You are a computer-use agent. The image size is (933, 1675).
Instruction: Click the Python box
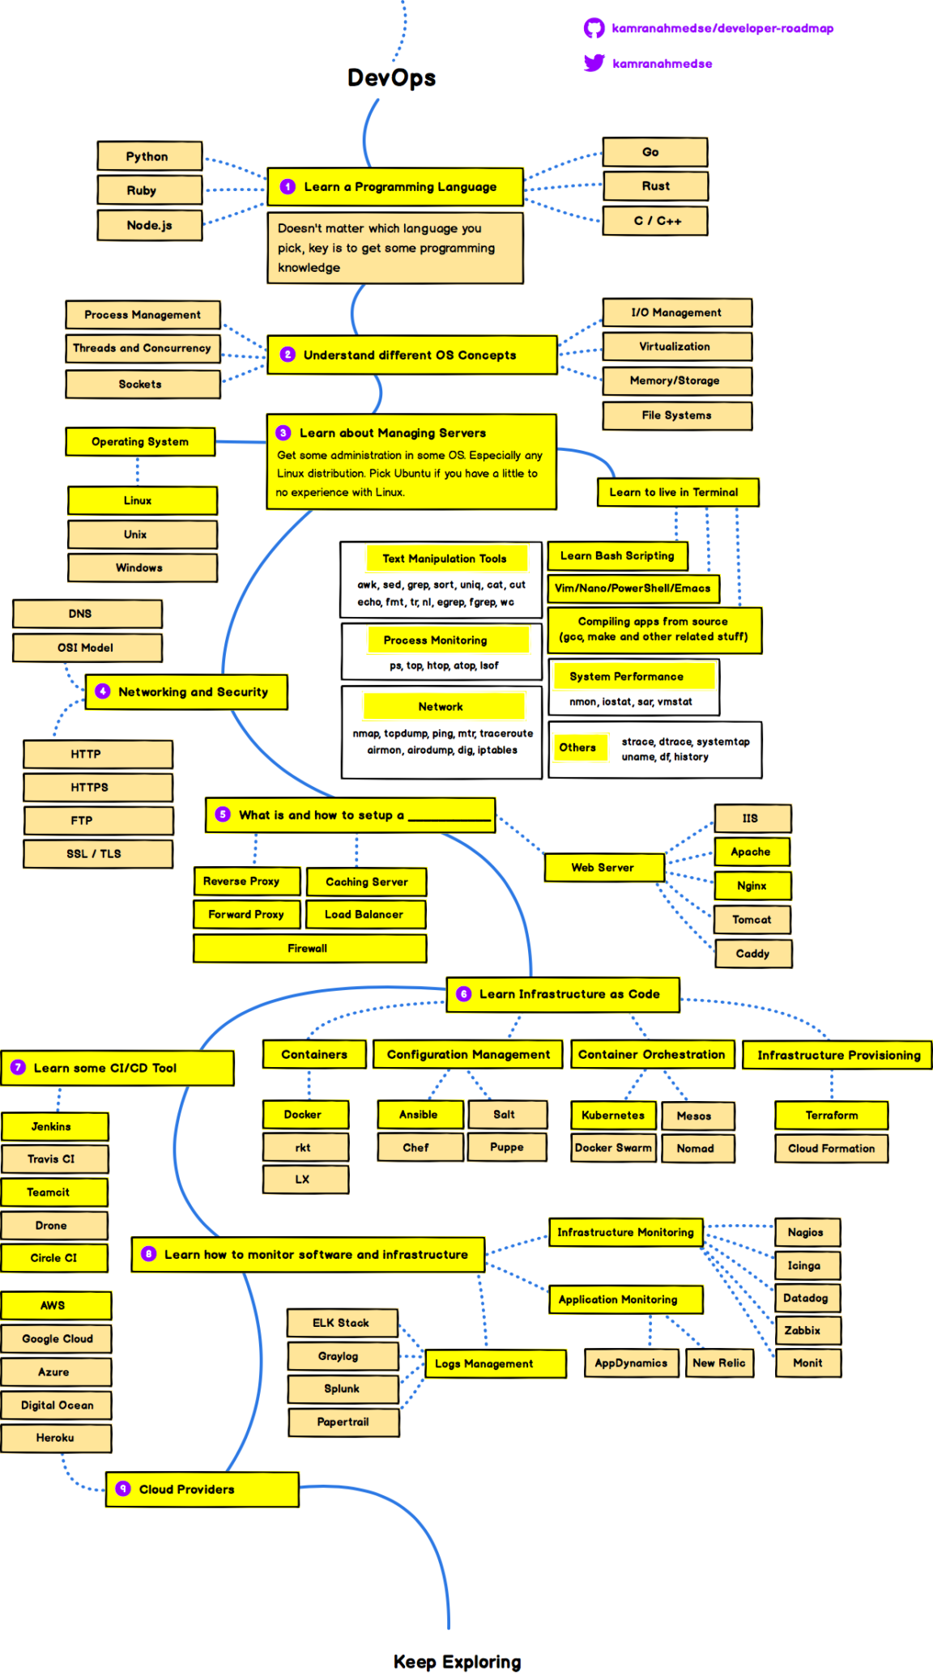coord(149,156)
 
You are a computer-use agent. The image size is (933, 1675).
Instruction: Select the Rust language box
coord(655,186)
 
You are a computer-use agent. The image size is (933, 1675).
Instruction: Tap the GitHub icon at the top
coord(594,28)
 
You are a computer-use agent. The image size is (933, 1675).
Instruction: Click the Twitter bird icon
coord(594,63)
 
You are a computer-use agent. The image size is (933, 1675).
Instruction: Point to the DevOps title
coord(391,78)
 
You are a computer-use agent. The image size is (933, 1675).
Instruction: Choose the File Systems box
coord(676,415)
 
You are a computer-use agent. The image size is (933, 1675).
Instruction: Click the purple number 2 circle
coord(288,355)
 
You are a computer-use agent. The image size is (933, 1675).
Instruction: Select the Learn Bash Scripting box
coord(617,556)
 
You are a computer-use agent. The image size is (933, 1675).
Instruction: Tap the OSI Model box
coord(87,648)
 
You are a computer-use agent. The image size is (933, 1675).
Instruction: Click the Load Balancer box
coord(365,915)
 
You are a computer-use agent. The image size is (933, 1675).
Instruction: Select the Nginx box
coord(752,886)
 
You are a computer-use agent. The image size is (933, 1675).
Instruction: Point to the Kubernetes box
coord(612,1116)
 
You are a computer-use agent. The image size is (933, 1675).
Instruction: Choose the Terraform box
coord(831,1116)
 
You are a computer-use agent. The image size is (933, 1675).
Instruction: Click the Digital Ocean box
coord(57,1405)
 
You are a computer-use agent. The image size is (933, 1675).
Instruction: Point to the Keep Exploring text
coord(457,1662)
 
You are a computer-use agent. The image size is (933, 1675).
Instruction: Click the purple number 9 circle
coord(123,1489)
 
